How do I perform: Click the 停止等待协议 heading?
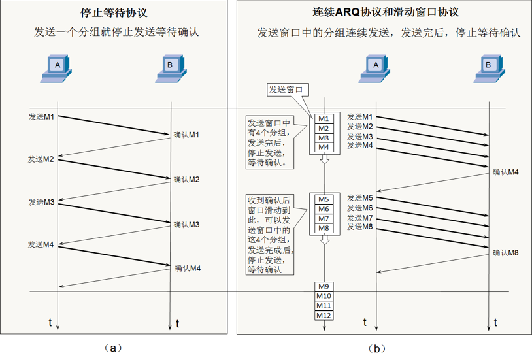click(x=114, y=13)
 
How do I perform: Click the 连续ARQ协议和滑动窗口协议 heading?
click(x=386, y=12)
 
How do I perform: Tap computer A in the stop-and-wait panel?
click(x=56, y=68)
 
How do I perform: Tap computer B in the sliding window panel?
click(x=489, y=68)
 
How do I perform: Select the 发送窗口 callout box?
click(x=288, y=90)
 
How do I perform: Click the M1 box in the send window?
click(x=324, y=119)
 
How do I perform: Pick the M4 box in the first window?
click(x=324, y=147)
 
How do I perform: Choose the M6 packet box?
click(x=324, y=209)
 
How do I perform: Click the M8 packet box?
click(x=324, y=229)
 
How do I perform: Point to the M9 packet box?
click(x=324, y=286)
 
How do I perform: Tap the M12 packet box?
click(x=324, y=315)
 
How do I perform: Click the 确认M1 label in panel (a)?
click(x=186, y=135)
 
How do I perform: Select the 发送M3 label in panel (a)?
click(x=41, y=202)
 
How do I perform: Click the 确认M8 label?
click(x=506, y=253)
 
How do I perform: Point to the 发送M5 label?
click(x=359, y=197)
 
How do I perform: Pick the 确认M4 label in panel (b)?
click(x=506, y=172)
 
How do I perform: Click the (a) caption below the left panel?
click(x=113, y=348)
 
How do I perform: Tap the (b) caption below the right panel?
click(x=376, y=348)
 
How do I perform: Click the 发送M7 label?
click(x=359, y=218)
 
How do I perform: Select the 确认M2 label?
click(x=186, y=180)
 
